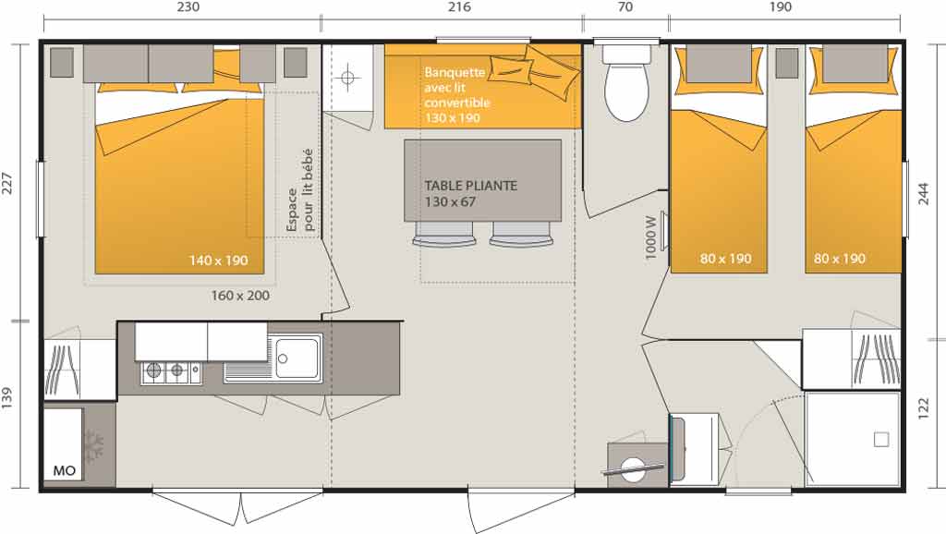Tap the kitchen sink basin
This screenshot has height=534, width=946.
(297, 358)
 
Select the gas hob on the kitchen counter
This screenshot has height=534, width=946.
(171, 372)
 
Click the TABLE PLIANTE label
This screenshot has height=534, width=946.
(470, 186)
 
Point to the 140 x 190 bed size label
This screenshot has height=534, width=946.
(218, 261)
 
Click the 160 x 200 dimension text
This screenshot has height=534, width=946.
(240, 296)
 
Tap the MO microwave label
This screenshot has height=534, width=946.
(65, 470)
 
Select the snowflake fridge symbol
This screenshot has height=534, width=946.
(93, 446)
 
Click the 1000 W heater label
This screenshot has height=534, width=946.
(649, 237)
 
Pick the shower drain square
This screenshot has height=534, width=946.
(881, 440)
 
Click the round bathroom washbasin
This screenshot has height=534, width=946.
(633, 468)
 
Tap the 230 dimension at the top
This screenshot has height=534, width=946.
(188, 7)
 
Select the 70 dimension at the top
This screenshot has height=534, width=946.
(625, 7)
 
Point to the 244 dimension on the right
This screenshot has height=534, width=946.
(924, 194)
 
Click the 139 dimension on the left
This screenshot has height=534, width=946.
(6, 398)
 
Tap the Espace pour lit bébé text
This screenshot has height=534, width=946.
(300, 190)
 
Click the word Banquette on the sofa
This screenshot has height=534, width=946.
(455, 72)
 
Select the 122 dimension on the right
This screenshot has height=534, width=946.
(924, 408)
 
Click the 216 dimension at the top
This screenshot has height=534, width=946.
(459, 7)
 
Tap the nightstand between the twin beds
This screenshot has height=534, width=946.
(786, 63)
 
